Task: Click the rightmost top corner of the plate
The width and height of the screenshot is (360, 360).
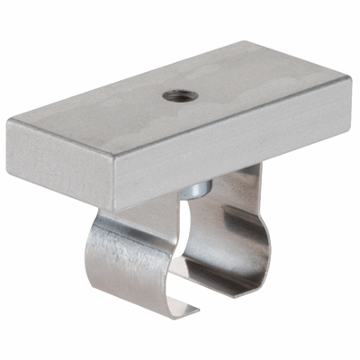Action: point(347,80)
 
